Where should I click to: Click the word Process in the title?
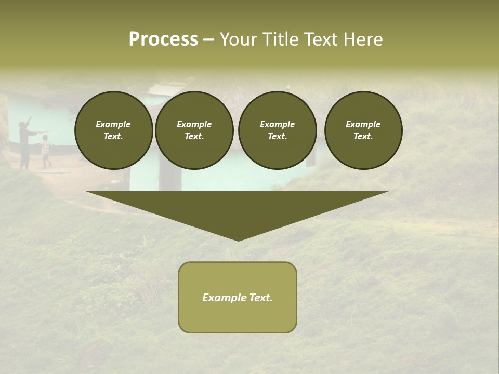click(163, 39)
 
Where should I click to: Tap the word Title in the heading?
click(280, 39)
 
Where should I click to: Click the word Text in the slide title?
click(320, 39)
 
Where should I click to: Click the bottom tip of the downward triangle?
click(238, 239)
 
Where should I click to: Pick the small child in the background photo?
click(46, 151)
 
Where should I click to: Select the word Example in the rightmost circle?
click(363, 124)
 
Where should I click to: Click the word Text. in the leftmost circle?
click(113, 136)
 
